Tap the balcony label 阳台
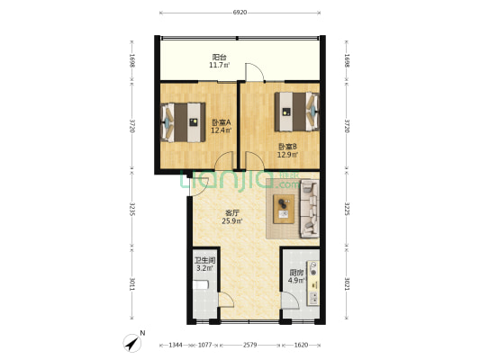coord(219,57)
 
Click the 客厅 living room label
coord(231,213)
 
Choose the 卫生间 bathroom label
coord(204,260)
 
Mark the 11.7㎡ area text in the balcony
coord(219,66)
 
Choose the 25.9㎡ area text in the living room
coord(231,221)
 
